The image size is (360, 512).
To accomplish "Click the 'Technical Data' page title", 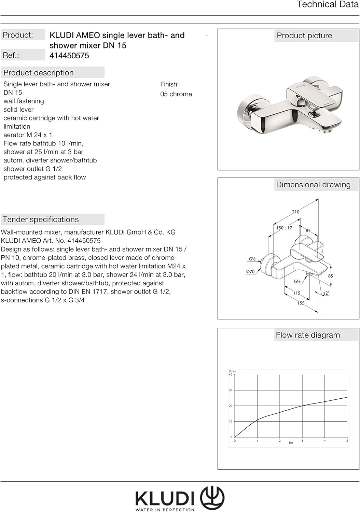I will tap(327, 4).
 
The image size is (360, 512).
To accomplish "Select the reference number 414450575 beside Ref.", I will tap(69, 56).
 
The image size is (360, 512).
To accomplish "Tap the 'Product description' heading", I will tap(39, 73).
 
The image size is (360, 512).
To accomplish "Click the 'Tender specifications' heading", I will tap(41, 219).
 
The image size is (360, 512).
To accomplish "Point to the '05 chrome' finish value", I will tap(176, 94).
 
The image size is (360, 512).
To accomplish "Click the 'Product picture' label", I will tap(304, 36).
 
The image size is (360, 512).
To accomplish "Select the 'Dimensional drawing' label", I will tap(313, 185).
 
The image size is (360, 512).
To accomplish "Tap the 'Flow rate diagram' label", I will tap(307, 335).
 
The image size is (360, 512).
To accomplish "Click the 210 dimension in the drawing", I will tap(295, 212).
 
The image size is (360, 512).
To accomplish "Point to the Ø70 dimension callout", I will tap(250, 272).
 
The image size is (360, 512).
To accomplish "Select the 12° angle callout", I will tap(326, 293).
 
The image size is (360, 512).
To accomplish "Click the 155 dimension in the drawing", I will tap(301, 303).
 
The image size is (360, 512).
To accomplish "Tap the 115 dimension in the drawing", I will tap(296, 293).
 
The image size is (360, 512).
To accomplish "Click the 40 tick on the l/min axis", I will tap(231, 375).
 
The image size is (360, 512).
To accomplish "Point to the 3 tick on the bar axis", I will tap(302, 441).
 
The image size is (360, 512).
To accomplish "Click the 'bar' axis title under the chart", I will tap(291, 443).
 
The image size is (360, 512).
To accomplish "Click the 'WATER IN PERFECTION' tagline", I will tap(165, 510).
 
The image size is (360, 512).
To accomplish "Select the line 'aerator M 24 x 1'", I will tap(28, 135).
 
